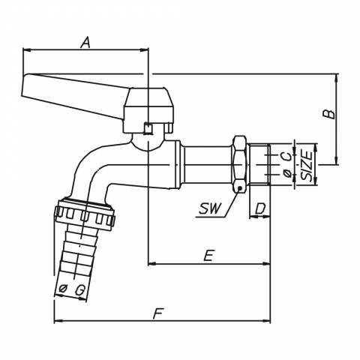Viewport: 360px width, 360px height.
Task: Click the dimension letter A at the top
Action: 85,42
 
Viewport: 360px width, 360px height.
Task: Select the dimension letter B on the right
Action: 328,114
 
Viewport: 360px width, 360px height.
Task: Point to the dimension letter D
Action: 260,208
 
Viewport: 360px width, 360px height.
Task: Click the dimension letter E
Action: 208,255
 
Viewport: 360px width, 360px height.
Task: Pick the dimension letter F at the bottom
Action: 158,313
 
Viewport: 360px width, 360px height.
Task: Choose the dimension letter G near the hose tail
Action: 80,290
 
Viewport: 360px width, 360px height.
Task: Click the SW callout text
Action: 210,208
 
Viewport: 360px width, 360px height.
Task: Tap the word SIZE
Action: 307,166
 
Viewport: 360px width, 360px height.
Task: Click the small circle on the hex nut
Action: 240,187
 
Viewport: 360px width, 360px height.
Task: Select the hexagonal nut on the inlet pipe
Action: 239,164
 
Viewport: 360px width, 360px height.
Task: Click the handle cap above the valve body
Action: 148,110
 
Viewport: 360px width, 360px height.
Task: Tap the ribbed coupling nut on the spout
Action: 85,214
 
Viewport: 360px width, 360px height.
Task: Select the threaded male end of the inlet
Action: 259,164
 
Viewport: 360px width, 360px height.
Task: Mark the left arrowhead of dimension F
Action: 58,321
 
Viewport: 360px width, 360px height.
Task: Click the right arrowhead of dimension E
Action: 266,263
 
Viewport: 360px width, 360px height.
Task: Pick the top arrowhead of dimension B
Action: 336,78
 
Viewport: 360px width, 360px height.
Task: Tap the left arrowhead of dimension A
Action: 26,50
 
